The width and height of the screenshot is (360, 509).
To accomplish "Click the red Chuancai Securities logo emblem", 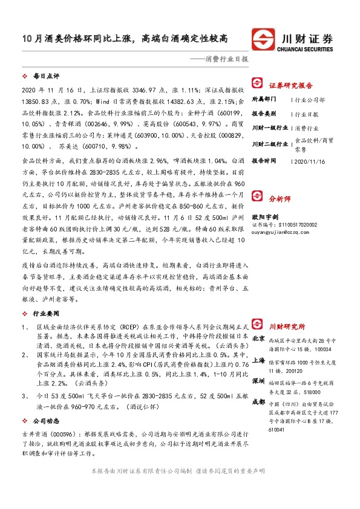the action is coord(264,37).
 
